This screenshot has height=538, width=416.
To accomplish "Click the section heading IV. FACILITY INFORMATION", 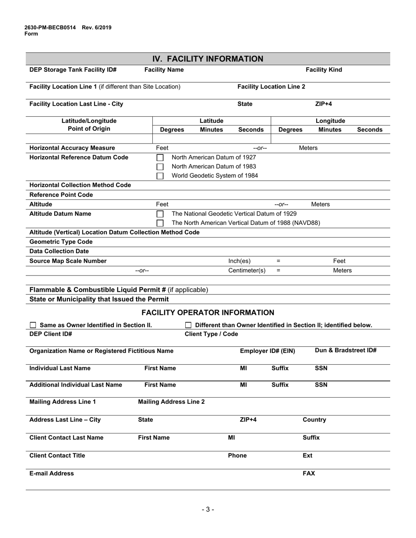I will [208, 59].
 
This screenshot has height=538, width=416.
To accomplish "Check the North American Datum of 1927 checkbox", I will [160, 157].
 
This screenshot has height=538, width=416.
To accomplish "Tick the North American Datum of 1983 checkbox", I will [160, 167].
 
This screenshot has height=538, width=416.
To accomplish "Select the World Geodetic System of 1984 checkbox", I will [160, 176].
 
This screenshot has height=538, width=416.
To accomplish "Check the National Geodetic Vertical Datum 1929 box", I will [160, 214].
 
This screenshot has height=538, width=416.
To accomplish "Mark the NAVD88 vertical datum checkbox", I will [160, 223].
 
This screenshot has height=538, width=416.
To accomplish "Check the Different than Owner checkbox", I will [188, 325].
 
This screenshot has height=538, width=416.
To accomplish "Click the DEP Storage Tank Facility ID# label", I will [73, 70].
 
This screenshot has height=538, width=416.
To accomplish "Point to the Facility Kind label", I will [324, 70].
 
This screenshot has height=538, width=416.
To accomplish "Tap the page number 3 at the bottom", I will [208, 509].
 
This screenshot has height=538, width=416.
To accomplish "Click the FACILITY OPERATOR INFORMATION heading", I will [208, 312].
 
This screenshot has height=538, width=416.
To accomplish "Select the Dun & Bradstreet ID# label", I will [345, 350].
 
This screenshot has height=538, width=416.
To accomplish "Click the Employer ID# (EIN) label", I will [267, 351].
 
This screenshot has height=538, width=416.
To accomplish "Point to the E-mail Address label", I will [52, 473].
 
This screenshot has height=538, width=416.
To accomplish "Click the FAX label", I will [309, 473].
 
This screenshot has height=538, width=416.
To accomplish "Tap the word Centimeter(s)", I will [247, 270].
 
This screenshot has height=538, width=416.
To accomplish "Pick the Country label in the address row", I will [314, 419].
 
